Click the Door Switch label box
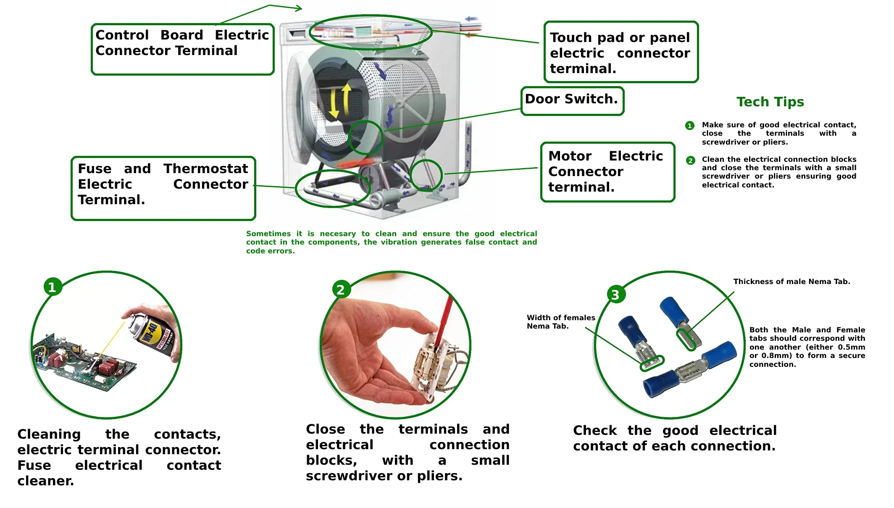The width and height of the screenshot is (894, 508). click(x=572, y=100)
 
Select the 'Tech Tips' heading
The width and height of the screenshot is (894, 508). click(x=770, y=102)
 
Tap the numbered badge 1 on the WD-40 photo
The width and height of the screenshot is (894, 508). click(x=53, y=287)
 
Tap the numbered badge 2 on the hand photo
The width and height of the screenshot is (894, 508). click(x=341, y=289)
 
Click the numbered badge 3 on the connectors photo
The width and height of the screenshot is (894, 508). click(x=616, y=295)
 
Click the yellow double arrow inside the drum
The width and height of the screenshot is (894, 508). click(x=340, y=101)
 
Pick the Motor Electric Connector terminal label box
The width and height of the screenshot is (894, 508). click(x=607, y=171)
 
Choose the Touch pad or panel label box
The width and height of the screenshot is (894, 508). click(x=621, y=52)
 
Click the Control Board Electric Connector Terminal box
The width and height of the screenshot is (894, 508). click(x=182, y=49)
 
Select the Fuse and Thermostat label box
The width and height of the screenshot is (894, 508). click(x=163, y=188)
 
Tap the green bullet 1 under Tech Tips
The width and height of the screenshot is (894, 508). click(x=689, y=126)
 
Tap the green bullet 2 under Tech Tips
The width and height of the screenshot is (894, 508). click(x=690, y=161)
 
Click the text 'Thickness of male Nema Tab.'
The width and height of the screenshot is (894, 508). click(x=791, y=282)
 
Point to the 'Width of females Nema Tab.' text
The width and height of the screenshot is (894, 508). click(x=560, y=322)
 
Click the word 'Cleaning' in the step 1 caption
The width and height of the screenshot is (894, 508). click(x=49, y=434)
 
